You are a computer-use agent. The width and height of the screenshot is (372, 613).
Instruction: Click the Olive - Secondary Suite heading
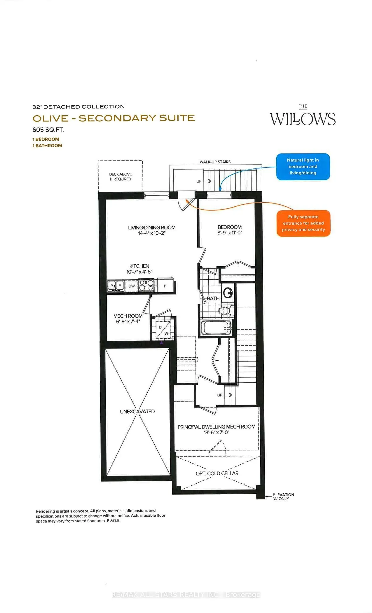point(113,118)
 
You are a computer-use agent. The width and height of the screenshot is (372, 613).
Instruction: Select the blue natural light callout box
point(303,166)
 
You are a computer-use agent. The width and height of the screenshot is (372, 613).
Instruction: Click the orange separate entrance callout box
point(303,223)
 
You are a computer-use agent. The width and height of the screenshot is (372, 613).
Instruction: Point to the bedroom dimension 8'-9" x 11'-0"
point(230,233)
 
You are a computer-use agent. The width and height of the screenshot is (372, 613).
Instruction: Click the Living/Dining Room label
point(152,227)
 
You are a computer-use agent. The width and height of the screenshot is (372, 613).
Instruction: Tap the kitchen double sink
point(116,285)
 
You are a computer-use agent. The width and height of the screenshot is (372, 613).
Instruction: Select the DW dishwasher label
point(132,286)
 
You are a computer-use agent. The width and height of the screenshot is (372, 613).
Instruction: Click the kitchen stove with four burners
point(146,285)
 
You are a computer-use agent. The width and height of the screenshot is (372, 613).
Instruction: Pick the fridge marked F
point(165,286)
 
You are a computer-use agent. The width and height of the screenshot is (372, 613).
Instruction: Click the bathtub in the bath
point(216,328)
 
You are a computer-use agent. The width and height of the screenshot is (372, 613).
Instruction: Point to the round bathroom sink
point(228,292)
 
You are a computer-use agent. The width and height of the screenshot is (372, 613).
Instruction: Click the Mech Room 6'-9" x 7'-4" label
point(128,318)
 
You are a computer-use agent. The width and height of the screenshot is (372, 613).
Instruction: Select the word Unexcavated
point(137,411)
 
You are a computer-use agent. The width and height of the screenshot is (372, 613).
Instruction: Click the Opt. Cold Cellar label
point(217,473)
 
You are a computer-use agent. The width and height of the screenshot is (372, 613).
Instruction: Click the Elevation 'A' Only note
point(283,497)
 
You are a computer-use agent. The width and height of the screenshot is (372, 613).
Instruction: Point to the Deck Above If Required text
point(120,177)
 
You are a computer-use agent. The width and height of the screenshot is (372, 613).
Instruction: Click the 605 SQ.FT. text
point(48,130)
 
